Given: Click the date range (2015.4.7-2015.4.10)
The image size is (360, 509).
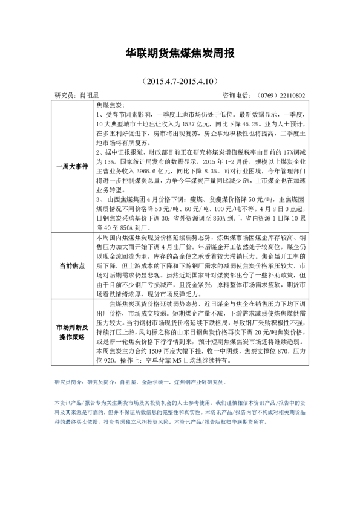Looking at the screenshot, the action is point(179,80).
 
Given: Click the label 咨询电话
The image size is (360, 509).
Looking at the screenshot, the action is point(237,96).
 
